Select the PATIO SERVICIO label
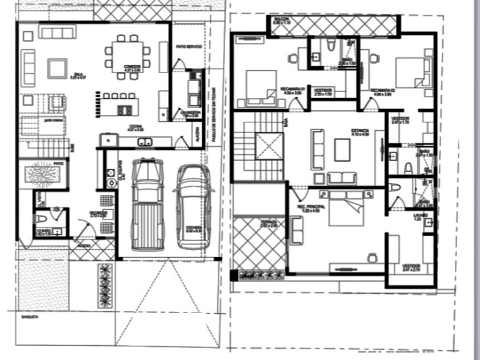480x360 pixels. pos(188,46)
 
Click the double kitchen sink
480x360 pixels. pos(145,141)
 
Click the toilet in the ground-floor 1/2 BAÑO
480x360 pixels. pos(41,219)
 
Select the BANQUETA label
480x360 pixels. pos(29,316)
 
